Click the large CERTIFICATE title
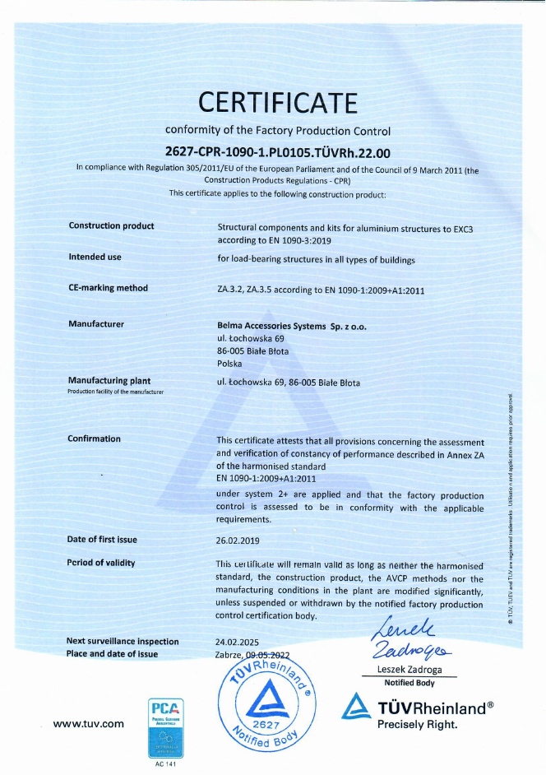pyautogui.click(x=279, y=103)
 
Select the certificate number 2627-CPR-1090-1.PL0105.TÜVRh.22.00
pyautogui.click(x=278, y=151)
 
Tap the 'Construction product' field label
pyautogui.click(x=111, y=225)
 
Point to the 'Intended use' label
pyautogui.click(x=95, y=257)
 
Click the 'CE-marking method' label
pyautogui.click(x=108, y=288)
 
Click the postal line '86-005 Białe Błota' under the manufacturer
pyautogui.click(x=252, y=350)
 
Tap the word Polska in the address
pyautogui.click(x=229, y=363)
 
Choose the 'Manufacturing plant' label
pyautogui.click(x=109, y=381)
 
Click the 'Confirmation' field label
pyautogui.click(x=94, y=439)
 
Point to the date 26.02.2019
pyautogui.click(x=237, y=540)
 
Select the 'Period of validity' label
pyautogui.click(x=101, y=563)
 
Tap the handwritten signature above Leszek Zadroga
pyautogui.click(x=405, y=640)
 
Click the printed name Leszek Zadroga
pyautogui.click(x=409, y=671)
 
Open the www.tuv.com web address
pyautogui.click(x=88, y=724)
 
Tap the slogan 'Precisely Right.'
pyautogui.click(x=416, y=724)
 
